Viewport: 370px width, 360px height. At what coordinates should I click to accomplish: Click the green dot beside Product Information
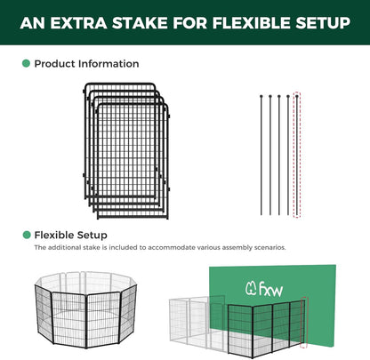point(26,64)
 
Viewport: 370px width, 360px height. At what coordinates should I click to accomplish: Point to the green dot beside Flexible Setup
point(26,235)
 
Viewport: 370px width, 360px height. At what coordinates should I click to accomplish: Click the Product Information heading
point(86,64)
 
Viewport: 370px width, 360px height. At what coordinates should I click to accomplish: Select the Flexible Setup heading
point(70,235)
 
